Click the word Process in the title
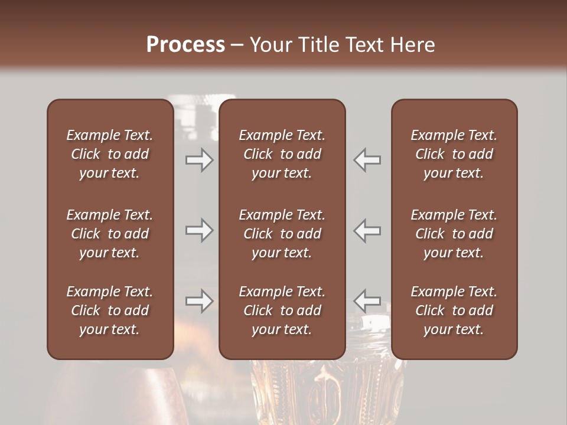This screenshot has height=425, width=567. (x=185, y=45)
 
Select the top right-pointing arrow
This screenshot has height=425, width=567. (x=199, y=159)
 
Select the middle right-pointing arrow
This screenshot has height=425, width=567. (x=199, y=230)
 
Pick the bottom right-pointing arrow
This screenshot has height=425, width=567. (x=199, y=301)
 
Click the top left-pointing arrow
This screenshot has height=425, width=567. (x=367, y=159)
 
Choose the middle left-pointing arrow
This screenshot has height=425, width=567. (x=367, y=230)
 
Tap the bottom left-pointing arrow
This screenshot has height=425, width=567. (x=367, y=301)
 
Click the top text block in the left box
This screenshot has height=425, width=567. (x=110, y=154)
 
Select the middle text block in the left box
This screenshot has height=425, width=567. (x=110, y=234)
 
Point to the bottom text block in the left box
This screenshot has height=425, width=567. (x=110, y=310)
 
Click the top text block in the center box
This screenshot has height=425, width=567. (x=282, y=154)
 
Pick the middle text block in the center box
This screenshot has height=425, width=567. (x=282, y=234)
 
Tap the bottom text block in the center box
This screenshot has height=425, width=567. (x=282, y=310)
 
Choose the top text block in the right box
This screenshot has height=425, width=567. (x=454, y=154)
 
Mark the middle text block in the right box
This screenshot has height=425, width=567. (x=454, y=234)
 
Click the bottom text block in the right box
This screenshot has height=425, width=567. (x=454, y=310)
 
